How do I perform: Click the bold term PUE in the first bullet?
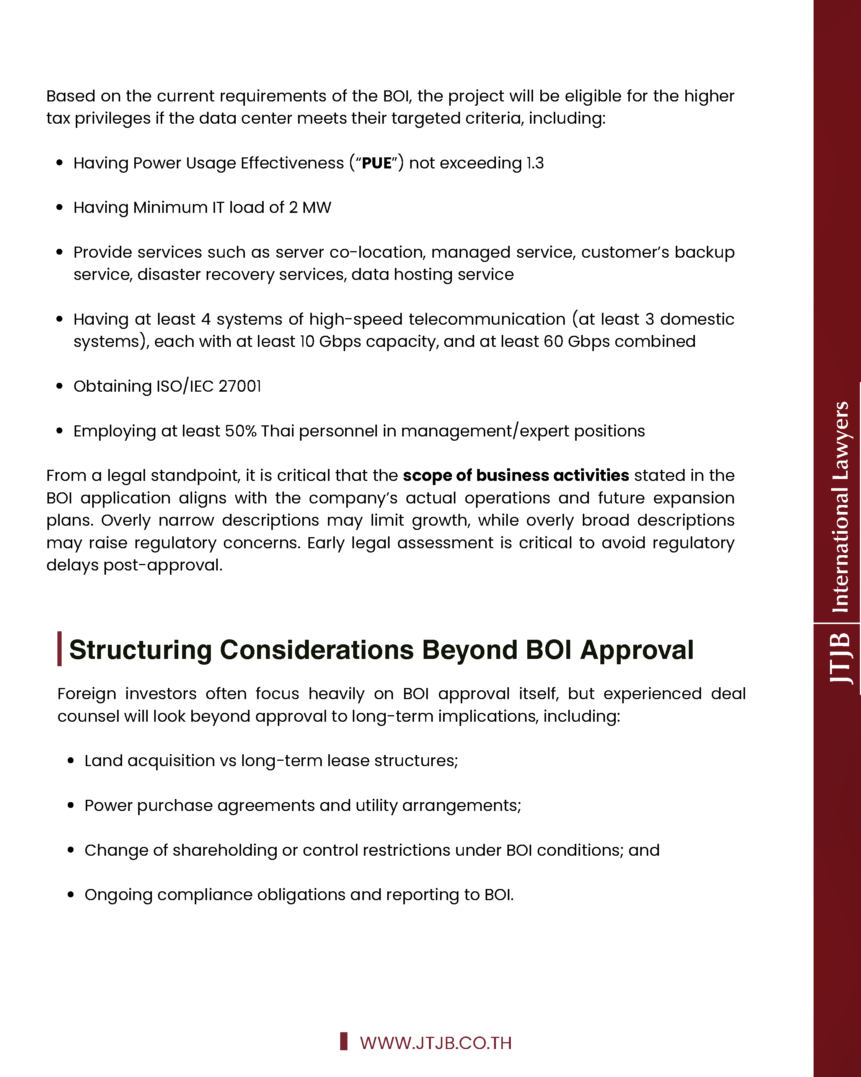377,163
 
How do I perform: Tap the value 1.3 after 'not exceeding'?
535,163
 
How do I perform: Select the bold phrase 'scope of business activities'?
516,476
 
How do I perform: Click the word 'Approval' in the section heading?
637,650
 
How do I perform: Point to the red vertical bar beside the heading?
59,649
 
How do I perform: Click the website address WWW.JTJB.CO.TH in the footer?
435,1043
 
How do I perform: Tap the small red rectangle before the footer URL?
344,1041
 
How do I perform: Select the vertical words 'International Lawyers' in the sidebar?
840,507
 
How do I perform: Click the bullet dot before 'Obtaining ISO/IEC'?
60,386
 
